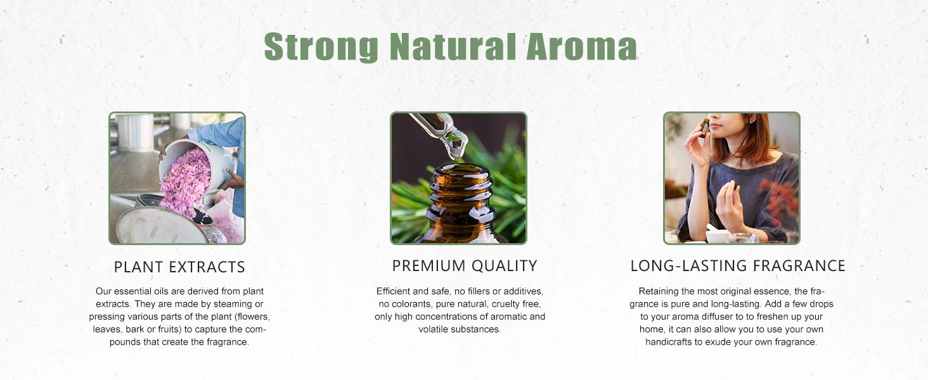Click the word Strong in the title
(x=321, y=46)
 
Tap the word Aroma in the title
(x=581, y=46)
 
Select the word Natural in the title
(x=453, y=46)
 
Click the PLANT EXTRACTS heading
(x=179, y=267)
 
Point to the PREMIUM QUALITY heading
(x=465, y=265)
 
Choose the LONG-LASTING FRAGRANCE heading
(x=738, y=265)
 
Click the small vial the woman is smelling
(x=704, y=127)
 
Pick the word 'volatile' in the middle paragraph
(x=433, y=329)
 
